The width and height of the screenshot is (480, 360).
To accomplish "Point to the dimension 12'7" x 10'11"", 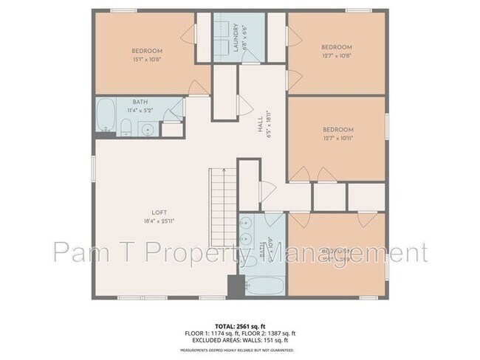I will [x=337, y=139].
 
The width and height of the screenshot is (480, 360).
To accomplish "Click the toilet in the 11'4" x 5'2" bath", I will [x=126, y=126].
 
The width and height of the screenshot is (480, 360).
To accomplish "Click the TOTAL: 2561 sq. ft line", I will [x=239, y=325].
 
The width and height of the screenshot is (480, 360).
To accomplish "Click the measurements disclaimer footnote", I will [x=239, y=350].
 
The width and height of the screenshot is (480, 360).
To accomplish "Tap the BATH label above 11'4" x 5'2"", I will [x=139, y=102].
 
